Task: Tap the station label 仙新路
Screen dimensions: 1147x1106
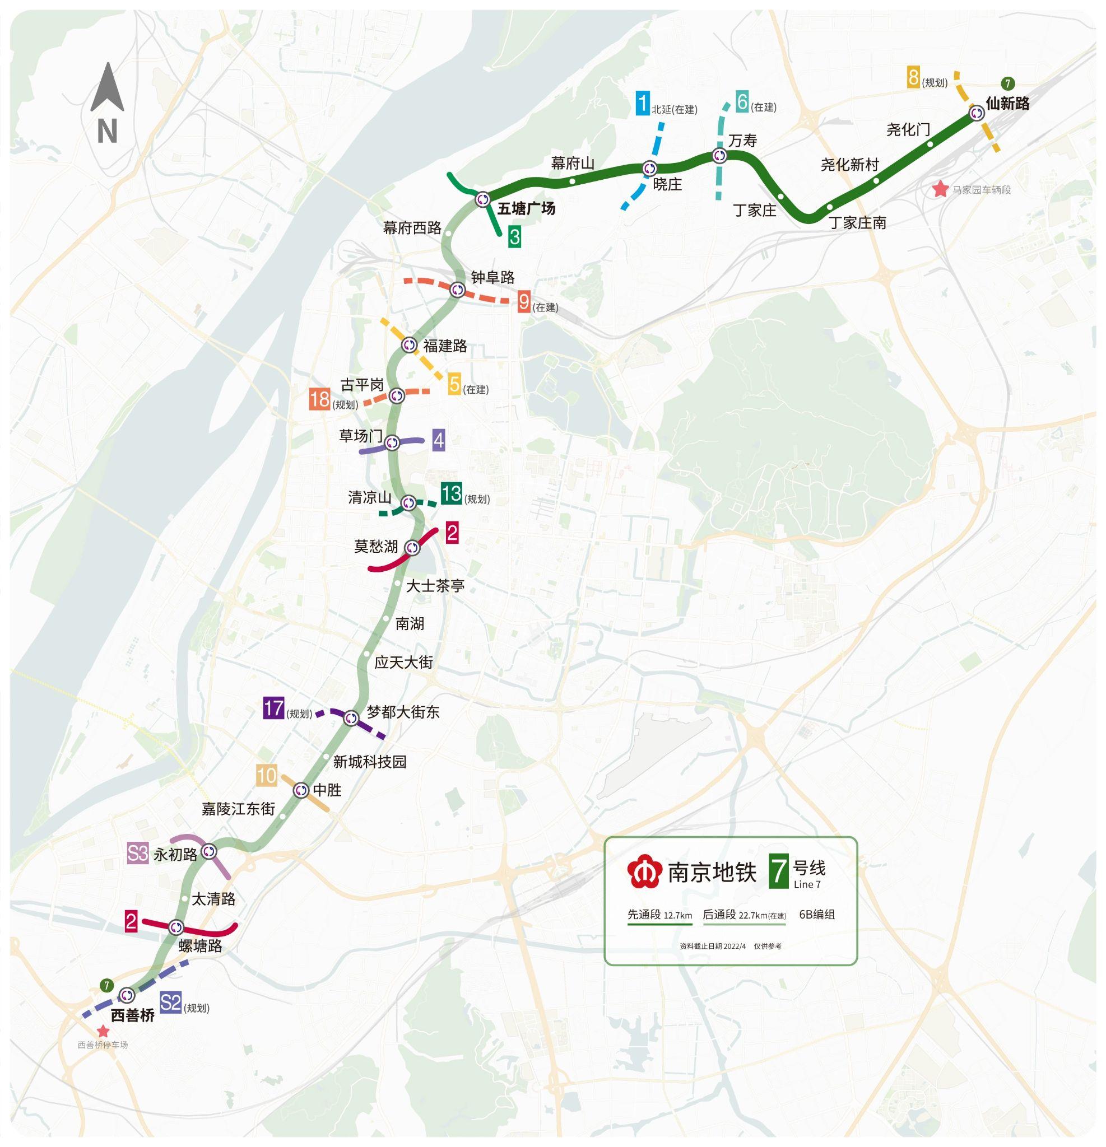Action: point(1007,104)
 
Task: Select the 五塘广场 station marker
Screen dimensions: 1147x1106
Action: point(482,199)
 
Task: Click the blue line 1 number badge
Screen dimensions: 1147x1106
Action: point(642,104)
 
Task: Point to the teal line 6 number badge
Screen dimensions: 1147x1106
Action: point(742,102)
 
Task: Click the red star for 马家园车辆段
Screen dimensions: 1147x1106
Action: point(940,189)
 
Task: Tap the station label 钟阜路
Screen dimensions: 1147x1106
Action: point(492,277)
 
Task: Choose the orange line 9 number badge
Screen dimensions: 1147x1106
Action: point(524,302)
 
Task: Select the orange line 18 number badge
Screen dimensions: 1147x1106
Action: point(320,399)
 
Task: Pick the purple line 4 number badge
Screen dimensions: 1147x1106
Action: point(439,440)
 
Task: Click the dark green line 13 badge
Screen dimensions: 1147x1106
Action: point(452,493)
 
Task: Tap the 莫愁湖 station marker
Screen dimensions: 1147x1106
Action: point(412,548)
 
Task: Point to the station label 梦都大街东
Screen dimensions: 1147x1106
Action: point(403,712)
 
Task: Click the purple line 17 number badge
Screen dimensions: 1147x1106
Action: point(273,708)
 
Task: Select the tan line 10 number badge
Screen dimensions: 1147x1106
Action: point(266,776)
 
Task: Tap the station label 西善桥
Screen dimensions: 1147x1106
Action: point(133,1015)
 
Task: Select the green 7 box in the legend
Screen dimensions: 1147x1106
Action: point(778,871)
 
